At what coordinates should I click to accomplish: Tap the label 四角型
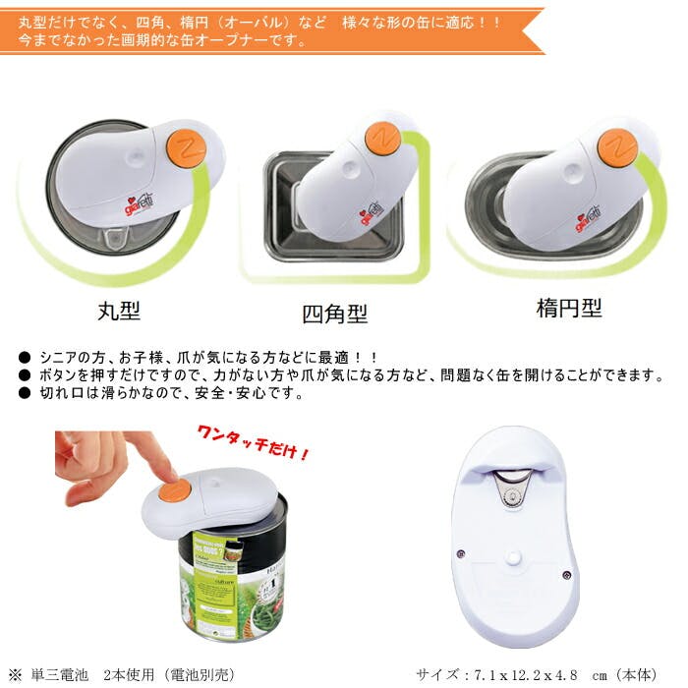tap(334, 315)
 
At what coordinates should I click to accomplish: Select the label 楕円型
tap(569, 308)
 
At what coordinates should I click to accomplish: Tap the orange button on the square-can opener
tap(382, 139)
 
